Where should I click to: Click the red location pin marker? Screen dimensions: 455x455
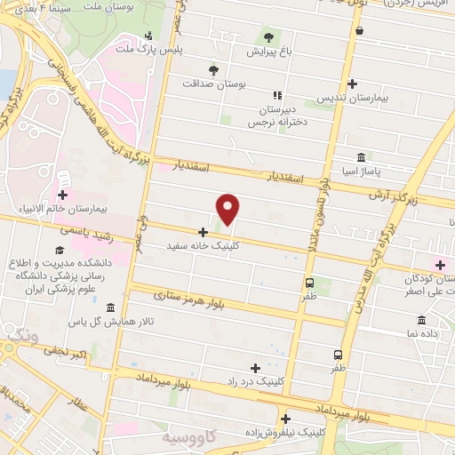click(228, 209)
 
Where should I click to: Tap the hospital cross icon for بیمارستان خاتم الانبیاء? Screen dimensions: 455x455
click(62, 195)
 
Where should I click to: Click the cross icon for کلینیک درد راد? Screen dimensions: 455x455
click(256, 367)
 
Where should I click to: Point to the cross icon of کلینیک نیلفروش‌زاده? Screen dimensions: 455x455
click(285, 419)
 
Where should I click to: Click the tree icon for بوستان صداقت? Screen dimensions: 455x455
click(212, 69)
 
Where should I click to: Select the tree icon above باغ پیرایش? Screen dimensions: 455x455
click(268, 36)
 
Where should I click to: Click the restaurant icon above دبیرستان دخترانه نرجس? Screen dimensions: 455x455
click(277, 95)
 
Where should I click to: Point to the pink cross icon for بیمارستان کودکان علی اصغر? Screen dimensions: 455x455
click(439, 264)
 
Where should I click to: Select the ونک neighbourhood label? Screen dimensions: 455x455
click(18, 334)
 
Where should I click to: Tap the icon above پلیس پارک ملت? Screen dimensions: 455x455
click(148, 36)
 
